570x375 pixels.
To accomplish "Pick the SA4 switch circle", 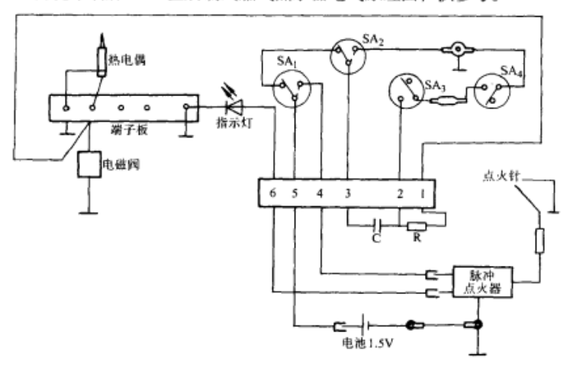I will (492, 90).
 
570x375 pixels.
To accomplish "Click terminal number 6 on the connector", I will (272, 192).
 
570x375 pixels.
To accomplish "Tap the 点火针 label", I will (502, 179).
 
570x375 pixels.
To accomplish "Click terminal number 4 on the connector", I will (320, 192).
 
